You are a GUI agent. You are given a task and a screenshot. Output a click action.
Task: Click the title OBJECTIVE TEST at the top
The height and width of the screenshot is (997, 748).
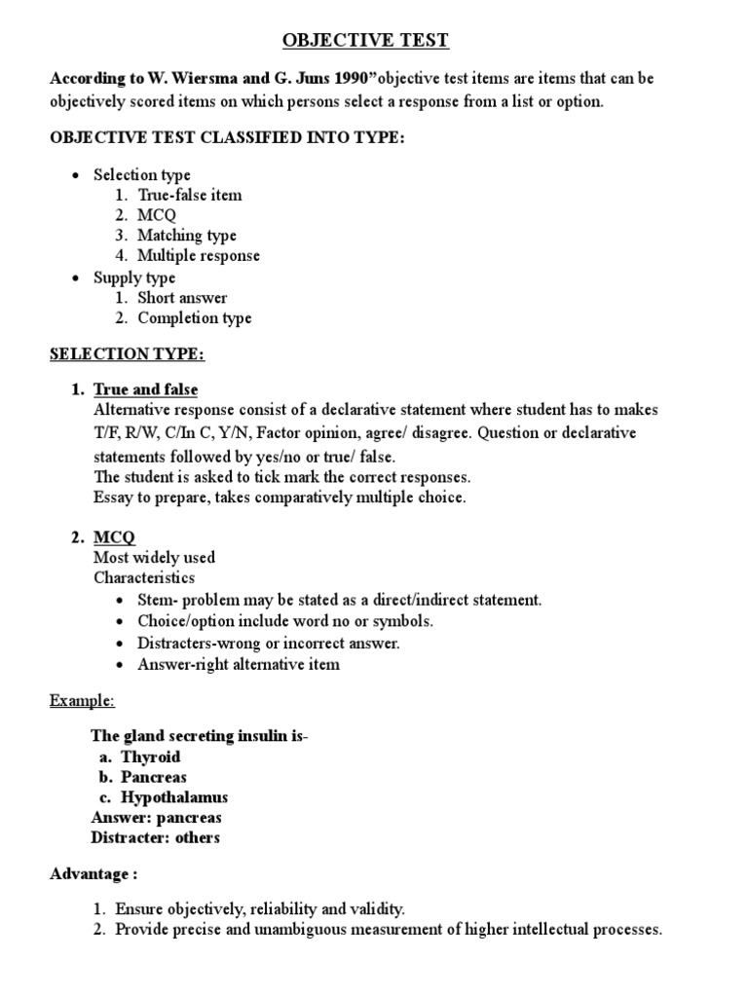click(x=367, y=40)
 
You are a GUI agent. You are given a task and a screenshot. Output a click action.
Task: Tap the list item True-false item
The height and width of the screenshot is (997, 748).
click(x=189, y=195)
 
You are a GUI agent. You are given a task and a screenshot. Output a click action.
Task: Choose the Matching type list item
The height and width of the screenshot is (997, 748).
click(x=186, y=236)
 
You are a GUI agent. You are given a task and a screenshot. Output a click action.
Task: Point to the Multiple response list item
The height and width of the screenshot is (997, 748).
click(x=198, y=256)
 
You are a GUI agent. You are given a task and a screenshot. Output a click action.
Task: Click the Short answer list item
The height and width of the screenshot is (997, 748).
click(x=181, y=298)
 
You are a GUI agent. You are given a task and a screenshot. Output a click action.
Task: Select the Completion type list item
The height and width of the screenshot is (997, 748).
click(x=194, y=318)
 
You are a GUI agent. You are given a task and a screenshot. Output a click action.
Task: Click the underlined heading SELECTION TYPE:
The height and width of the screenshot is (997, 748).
click(x=128, y=354)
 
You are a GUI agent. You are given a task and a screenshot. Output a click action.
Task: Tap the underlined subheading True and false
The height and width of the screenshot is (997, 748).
click(x=145, y=389)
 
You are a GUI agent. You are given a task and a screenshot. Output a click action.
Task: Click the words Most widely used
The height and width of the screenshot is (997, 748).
click(x=154, y=558)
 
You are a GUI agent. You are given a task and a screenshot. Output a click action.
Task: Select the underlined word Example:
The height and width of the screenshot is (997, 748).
click(x=83, y=701)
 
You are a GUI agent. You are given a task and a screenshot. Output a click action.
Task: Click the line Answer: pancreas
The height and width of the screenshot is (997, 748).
click(x=157, y=818)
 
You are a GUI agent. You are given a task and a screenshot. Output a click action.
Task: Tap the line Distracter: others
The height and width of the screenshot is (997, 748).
click(x=156, y=838)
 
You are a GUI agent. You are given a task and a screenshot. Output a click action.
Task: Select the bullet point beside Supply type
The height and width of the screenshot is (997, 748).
click(x=76, y=278)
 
